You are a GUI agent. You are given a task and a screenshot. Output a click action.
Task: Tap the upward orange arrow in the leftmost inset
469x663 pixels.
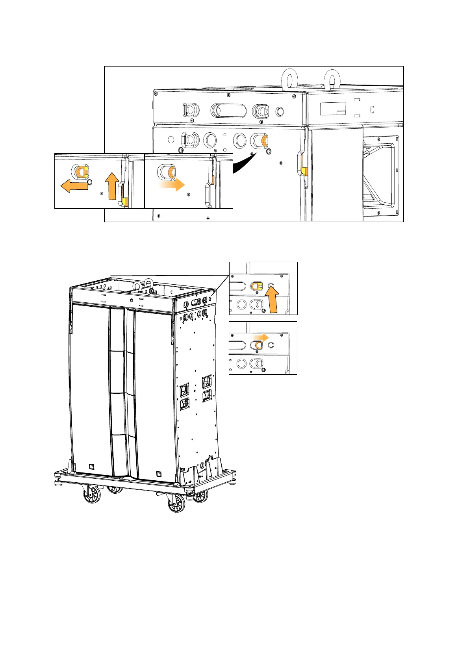112,185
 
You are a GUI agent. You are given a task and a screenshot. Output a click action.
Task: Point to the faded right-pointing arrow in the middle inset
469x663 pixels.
172,184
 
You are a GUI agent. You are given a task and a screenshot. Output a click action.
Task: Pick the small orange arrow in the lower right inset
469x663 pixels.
261,337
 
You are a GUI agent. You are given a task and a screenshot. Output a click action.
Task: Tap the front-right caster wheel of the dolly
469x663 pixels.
177,503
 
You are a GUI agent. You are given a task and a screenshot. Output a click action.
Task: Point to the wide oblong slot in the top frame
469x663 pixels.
229,111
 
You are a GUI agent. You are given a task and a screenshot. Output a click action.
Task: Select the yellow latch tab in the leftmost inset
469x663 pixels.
124,202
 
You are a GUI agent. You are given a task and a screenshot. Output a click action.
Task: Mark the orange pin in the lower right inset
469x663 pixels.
259,345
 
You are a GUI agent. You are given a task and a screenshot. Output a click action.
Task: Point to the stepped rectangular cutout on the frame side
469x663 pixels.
333,109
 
